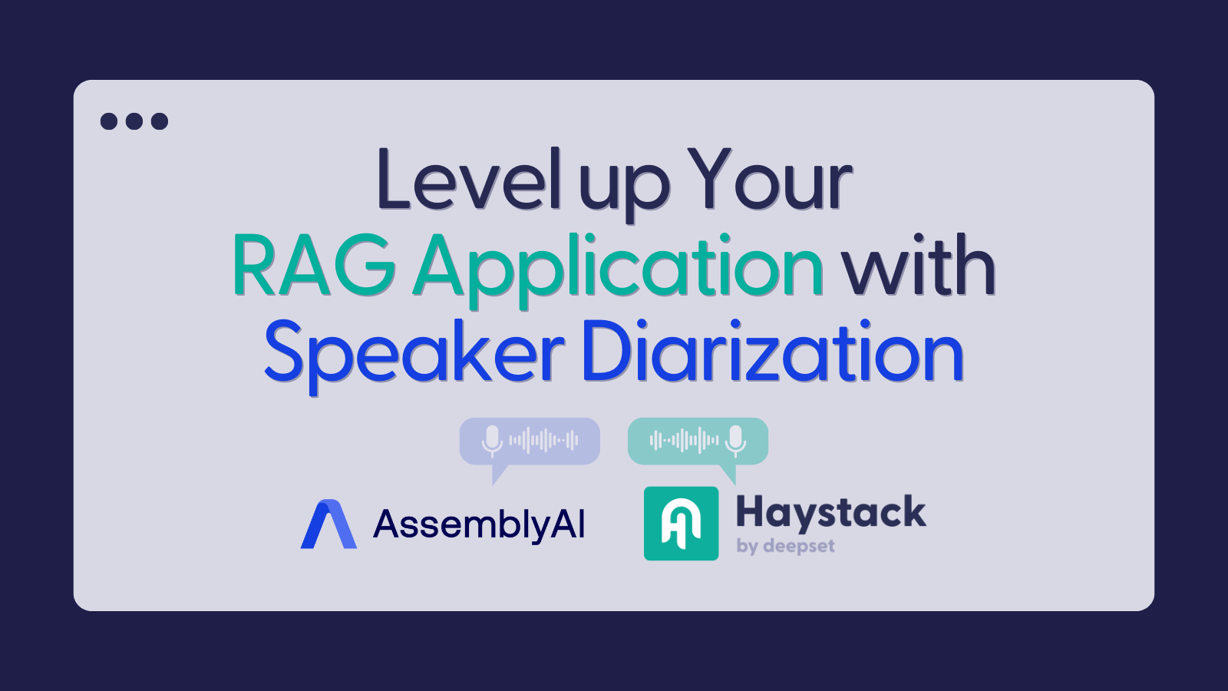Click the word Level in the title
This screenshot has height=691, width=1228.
tap(468, 180)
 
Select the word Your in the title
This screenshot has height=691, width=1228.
tap(770, 180)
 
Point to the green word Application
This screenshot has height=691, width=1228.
tap(619, 269)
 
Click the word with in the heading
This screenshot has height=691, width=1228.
tap(918, 266)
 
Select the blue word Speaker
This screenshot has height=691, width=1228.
tap(414, 354)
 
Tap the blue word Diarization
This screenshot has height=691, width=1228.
tap(772, 352)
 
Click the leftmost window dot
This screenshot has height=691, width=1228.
tap(109, 121)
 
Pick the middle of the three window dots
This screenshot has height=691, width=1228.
tap(134, 121)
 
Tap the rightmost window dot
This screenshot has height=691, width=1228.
tap(160, 121)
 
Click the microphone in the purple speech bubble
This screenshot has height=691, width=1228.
tap(492, 441)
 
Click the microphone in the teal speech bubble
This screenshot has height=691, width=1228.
tap(736, 440)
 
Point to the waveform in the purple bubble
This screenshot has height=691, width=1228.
tap(544, 441)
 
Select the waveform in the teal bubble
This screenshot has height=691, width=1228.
tap(684, 441)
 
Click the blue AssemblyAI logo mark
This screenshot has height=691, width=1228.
tap(328, 524)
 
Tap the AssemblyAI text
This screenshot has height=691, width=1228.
tap(479, 525)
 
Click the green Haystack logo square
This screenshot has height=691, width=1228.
tap(681, 524)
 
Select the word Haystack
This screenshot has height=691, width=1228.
tap(830, 513)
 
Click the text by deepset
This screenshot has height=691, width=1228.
tap(785, 546)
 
